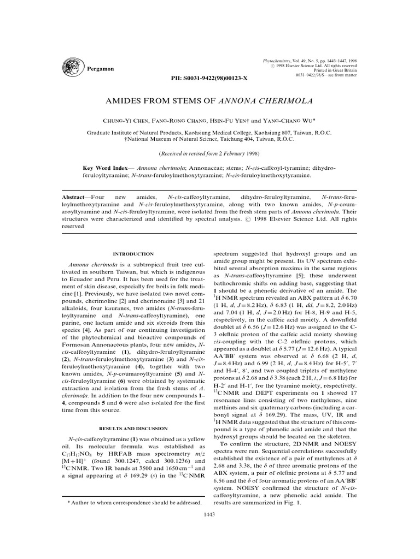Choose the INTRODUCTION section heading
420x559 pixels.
(133, 254)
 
